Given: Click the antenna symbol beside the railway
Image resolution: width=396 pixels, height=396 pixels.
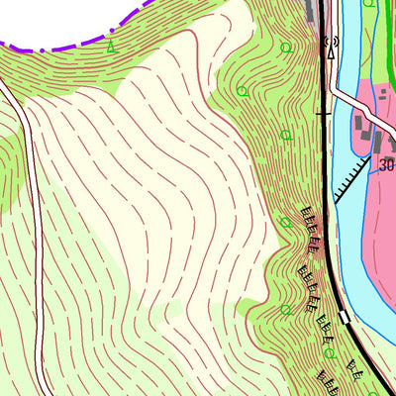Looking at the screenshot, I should point(332,43).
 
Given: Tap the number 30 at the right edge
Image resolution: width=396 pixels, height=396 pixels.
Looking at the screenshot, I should point(386,165).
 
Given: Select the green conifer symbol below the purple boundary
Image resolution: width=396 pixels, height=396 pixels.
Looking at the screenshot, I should point(111,46).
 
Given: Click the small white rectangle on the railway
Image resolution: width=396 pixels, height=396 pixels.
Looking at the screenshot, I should point(345,318).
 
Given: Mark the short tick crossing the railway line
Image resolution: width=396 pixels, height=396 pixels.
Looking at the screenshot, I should point(322,115).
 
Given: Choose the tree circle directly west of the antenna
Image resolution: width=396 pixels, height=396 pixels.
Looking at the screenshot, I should point(286,48).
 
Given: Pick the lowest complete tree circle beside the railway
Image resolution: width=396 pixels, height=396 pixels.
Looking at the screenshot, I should point(329,353).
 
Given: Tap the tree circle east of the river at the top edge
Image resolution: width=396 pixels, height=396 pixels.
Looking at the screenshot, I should point(369,3).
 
